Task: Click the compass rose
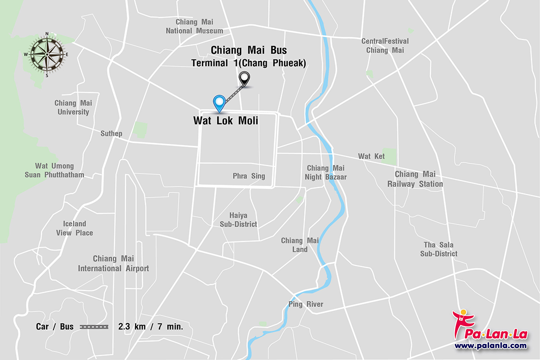pyautogui.click(x=47, y=54)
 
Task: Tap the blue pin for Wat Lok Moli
pyautogui.click(x=219, y=102)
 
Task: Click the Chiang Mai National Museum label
pyautogui.click(x=194, y=26)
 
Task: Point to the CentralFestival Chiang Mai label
pyautogui.click(x=384, y=45)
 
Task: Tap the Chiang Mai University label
pyautogui.click(x=73, y=107)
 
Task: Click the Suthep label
pyautogui.click(x=111, y=133)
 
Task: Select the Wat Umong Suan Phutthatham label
pyautogui.click(x=54, y=170)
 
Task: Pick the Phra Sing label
pyautogui.click(x=248, y=176)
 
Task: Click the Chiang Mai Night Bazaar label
pyautogui.click(x=325, y=172)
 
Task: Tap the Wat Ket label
pyautogui.click(x=371, y=156)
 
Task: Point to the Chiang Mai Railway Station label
pyautogui.click(x=415, y=179)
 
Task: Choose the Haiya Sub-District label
pyautogui.click(x=238, y=220)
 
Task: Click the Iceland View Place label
pyautogui.click(x=74, y=228)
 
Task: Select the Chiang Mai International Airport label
pyautogui.click(x=113, y=263)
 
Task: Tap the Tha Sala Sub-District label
pyautogui.click(x=438, y=249)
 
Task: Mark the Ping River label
pyautogui.click(x=305, y=304)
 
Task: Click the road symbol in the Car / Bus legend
pyautogui.click(x=94, y=327)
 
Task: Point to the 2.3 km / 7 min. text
pyautogui.click(x=150, y=327)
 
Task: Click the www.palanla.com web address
pyautogui.click(x=490, y=345)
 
